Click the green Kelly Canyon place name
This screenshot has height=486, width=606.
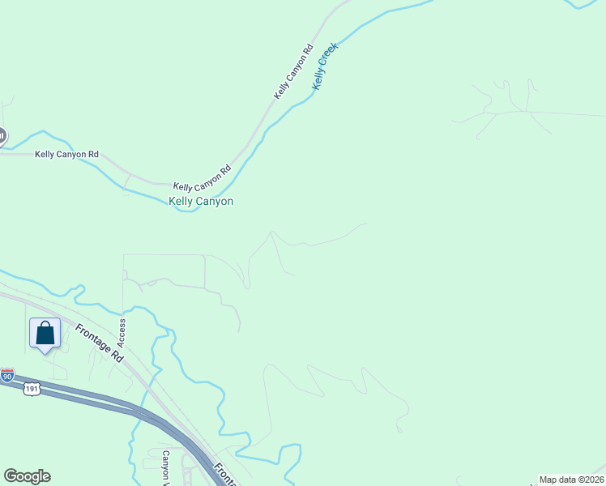pos(201,201)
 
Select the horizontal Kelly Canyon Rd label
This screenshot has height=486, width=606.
pos(66,154)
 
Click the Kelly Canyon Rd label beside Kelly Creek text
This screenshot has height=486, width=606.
pos(292,73)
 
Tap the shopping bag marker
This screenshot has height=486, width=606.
pos(45,333)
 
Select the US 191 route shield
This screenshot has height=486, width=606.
pos(31,389)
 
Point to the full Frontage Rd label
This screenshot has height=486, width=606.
pos(100,343)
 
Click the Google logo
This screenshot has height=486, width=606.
pos(27,476)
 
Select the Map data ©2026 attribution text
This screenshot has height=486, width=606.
pos(571,480)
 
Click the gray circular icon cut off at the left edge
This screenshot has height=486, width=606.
pos(2,135)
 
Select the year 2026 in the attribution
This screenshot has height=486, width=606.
pos(592,480)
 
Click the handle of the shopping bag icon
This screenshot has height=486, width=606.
pos(45,326)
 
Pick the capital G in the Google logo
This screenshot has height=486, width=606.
pos(11,476)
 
